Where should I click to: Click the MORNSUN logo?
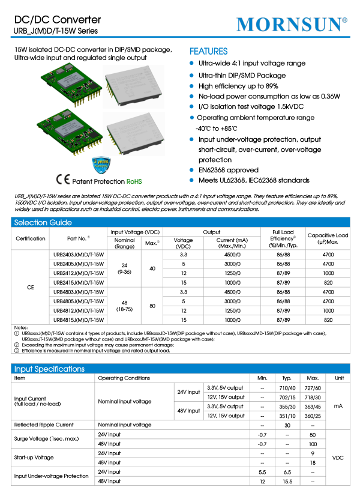tap(292, 24)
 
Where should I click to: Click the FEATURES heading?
tap(208, 52)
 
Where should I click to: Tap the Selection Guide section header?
tap(40, 223)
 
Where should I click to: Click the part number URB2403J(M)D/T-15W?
tap(79, 255)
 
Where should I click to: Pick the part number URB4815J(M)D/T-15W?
tap(79, 320)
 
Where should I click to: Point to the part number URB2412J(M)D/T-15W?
tap(79, 273)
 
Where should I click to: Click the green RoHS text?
tap(134, 181)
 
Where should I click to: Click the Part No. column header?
tap(79, 238)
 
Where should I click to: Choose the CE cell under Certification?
tap(31, 288)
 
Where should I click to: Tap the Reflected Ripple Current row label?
tap(43, 425)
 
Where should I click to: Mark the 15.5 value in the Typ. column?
tap(287, 482)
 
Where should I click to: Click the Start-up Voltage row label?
tap(35, 458)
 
